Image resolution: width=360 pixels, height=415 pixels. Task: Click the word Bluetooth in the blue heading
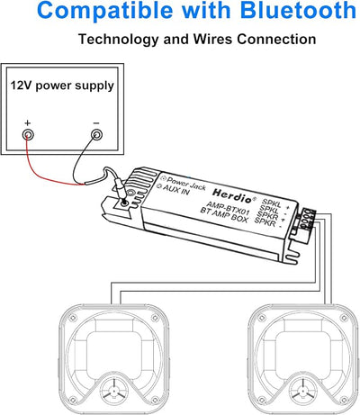(x=298, y=10)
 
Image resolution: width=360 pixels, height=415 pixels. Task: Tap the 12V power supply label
(x=62, y=86)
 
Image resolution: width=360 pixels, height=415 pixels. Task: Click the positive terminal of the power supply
(x=28, y=134)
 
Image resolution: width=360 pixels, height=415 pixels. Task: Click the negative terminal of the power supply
(x=96, y=134)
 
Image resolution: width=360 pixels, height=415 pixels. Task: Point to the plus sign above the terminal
(x=28, y=122)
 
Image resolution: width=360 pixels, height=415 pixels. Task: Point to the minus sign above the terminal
(x=96, y=123)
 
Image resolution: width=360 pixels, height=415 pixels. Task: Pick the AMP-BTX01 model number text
(x=229, y=207)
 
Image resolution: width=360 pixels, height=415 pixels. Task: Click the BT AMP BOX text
(x=224, y=215)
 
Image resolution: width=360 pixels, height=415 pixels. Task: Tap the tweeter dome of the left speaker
(x=114, y=391)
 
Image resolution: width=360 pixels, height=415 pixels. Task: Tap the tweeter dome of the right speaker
(x=303, y=391)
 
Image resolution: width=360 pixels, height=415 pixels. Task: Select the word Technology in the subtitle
(x=119, y=40)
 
